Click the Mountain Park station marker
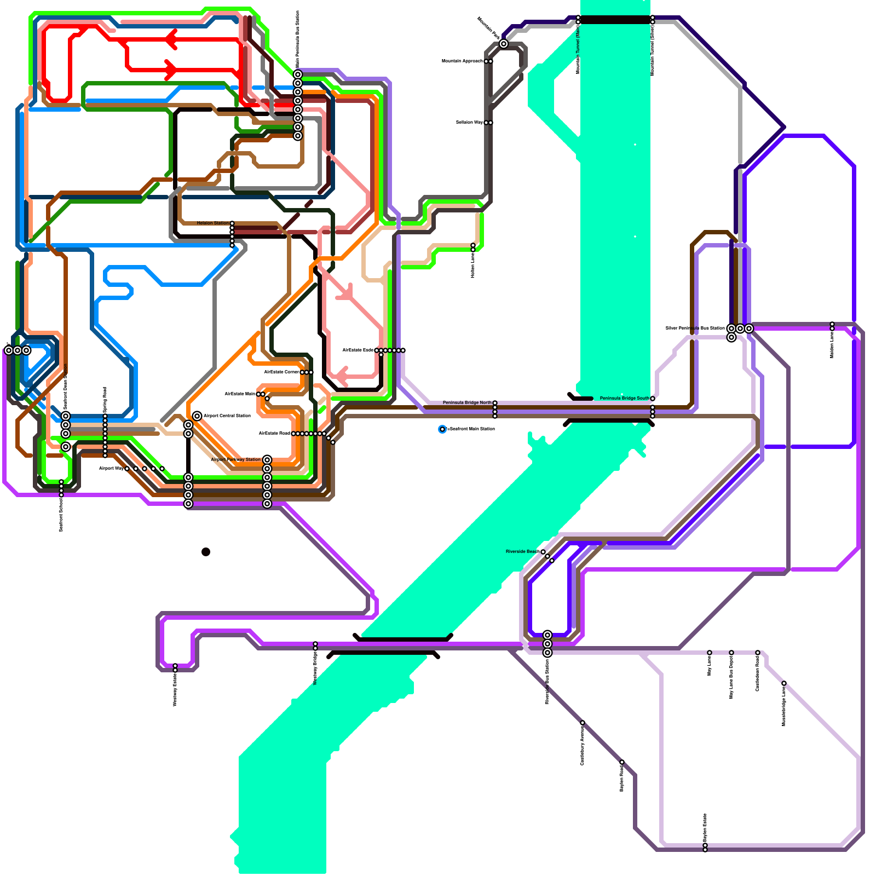(x=504, y=44)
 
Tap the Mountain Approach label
(x=462, y=61)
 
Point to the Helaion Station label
(x=213, y=223)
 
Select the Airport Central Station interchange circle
(x=197, y=416)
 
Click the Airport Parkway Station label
(x=235, y=460)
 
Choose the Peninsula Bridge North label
(x=467, y=403)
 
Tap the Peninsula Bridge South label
(x=624, y=399)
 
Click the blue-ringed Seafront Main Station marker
(x=442, y=429)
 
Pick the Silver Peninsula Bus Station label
(x=695, y=328)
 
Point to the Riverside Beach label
(x=522, y=552)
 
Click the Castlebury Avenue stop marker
(x=583, y=723)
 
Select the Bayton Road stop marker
(x=622, y=762)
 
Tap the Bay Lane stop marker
(x=710, y=653)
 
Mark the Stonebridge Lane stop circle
(x=784, y=683)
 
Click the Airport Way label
(x=111, y=469)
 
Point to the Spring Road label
(x=105, y=400)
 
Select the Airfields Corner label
(x=281, y=372)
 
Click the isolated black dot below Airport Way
(x=206, y=552)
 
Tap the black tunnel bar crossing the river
(x=615, y=20)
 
